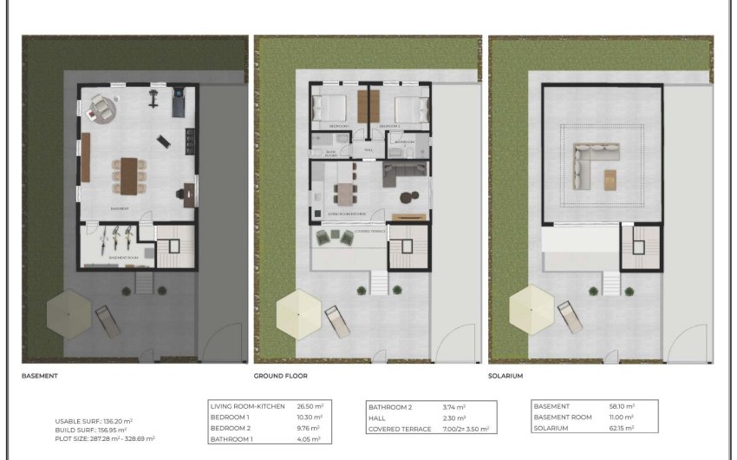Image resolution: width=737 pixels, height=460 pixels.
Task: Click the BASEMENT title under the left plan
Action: click(40, 376)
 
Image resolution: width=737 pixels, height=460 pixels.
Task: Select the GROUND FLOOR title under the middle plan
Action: click(280, 376)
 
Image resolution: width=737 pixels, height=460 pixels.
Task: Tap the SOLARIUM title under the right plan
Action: click(505, 376)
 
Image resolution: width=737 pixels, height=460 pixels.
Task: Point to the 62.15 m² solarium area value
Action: click(621, 428)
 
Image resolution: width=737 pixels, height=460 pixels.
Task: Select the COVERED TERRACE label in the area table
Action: click(400, 429)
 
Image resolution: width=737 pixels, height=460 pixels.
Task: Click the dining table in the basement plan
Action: click(130, 175)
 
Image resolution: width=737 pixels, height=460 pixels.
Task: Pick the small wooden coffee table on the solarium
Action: click(610, 179)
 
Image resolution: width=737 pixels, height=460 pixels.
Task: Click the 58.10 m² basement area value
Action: click(621, 406)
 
